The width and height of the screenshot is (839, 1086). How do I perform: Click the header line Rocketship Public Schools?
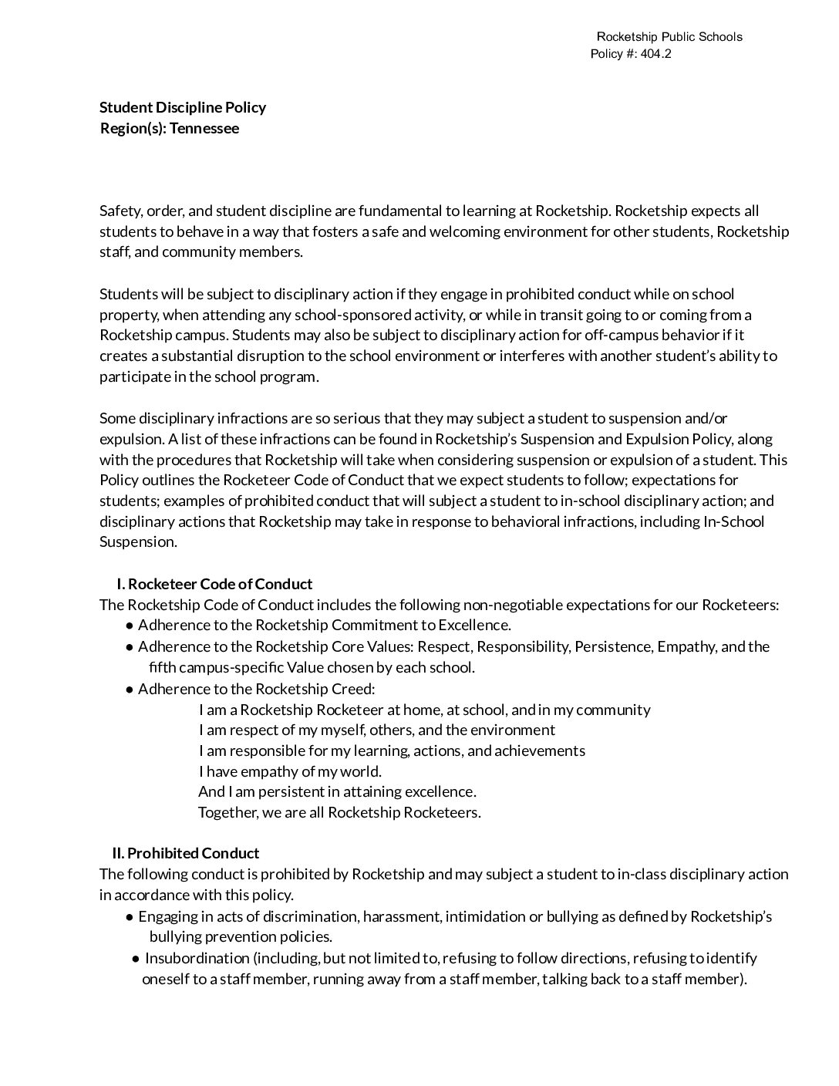[669, 37]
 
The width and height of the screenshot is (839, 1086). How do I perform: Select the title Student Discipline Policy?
[183, 107]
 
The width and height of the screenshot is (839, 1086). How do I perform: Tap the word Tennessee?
[204, 128]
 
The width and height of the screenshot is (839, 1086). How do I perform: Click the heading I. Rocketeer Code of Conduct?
[214, 584]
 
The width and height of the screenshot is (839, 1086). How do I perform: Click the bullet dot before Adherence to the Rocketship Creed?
[130, 689]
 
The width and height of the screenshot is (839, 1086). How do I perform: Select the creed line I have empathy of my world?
[290, 771]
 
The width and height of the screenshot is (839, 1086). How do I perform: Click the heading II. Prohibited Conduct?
[185, 853]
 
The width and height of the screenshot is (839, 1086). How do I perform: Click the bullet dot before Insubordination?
[136, 959]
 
